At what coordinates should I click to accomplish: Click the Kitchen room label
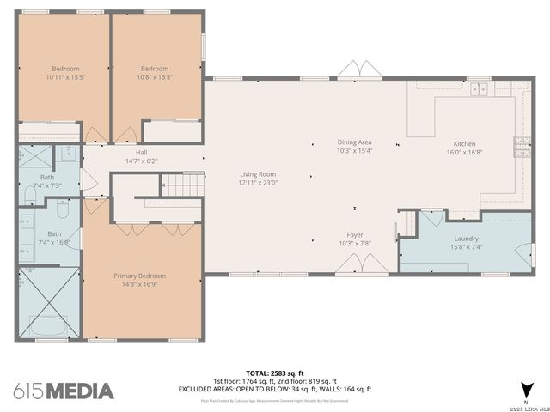coord(464,144)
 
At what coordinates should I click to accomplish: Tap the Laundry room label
coord(466,239)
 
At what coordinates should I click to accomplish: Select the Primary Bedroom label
coord(140,276)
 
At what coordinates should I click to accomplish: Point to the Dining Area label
coord(354,142)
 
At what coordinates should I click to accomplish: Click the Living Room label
coord(258,174)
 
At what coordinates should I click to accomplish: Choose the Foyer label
coord(355,234)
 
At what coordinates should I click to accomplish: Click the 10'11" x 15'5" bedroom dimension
coord(65,77)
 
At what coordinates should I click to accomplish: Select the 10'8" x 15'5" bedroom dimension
coord(155,77)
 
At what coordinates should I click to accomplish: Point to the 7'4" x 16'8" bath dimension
coord(54,242)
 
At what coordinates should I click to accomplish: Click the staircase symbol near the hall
coord(175,184)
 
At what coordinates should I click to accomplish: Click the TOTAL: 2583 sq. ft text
coord(275,372)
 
